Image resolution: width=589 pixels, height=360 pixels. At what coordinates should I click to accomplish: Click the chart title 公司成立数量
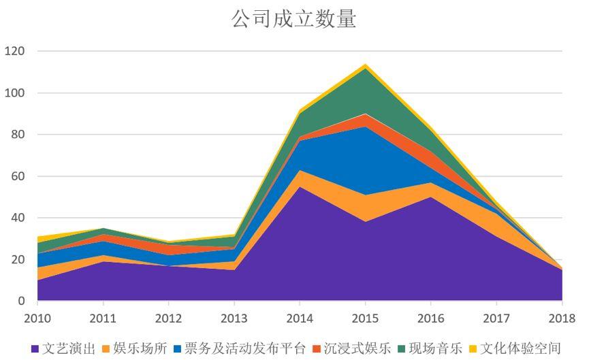(x=293, y=18)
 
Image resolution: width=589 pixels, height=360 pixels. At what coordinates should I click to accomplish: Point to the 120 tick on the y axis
(x=14, y=51)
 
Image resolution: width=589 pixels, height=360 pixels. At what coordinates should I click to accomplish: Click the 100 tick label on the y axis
(x=14, y=93)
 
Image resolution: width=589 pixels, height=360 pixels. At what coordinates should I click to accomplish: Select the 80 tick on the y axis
(x=17, y=135)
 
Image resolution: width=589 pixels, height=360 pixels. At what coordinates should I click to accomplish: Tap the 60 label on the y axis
(x=17, y=176)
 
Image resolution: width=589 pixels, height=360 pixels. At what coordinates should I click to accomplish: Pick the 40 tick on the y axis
(x=17, y=218)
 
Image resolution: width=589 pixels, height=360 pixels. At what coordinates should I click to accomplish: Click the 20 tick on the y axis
(x=17, y=260)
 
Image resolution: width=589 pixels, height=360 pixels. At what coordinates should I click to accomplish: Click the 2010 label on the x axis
(x=37, y=318)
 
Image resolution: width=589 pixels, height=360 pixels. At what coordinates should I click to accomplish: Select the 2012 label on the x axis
(x=169, y=318)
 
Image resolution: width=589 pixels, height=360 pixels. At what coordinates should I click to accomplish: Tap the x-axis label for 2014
(x=300, y=318)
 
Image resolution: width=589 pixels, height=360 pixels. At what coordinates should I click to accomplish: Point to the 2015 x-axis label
(x=365, y=318)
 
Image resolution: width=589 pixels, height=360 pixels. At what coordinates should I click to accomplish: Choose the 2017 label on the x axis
(x=496, y=318)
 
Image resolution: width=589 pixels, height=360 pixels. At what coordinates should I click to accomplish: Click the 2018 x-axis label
(x=562, y=318)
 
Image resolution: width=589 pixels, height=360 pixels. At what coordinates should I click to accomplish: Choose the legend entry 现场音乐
(x=436, y=348)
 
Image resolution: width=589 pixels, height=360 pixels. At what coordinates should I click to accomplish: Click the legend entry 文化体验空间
(x=520, y=348)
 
